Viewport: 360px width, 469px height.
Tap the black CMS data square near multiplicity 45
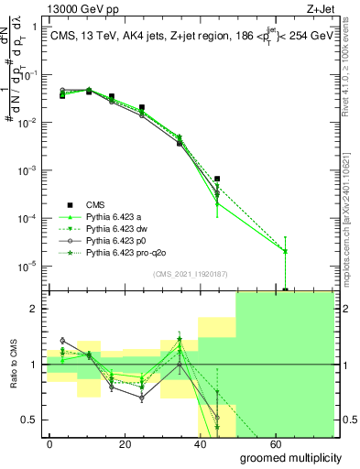point(217,179)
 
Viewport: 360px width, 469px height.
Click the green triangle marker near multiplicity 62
point(286,250)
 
